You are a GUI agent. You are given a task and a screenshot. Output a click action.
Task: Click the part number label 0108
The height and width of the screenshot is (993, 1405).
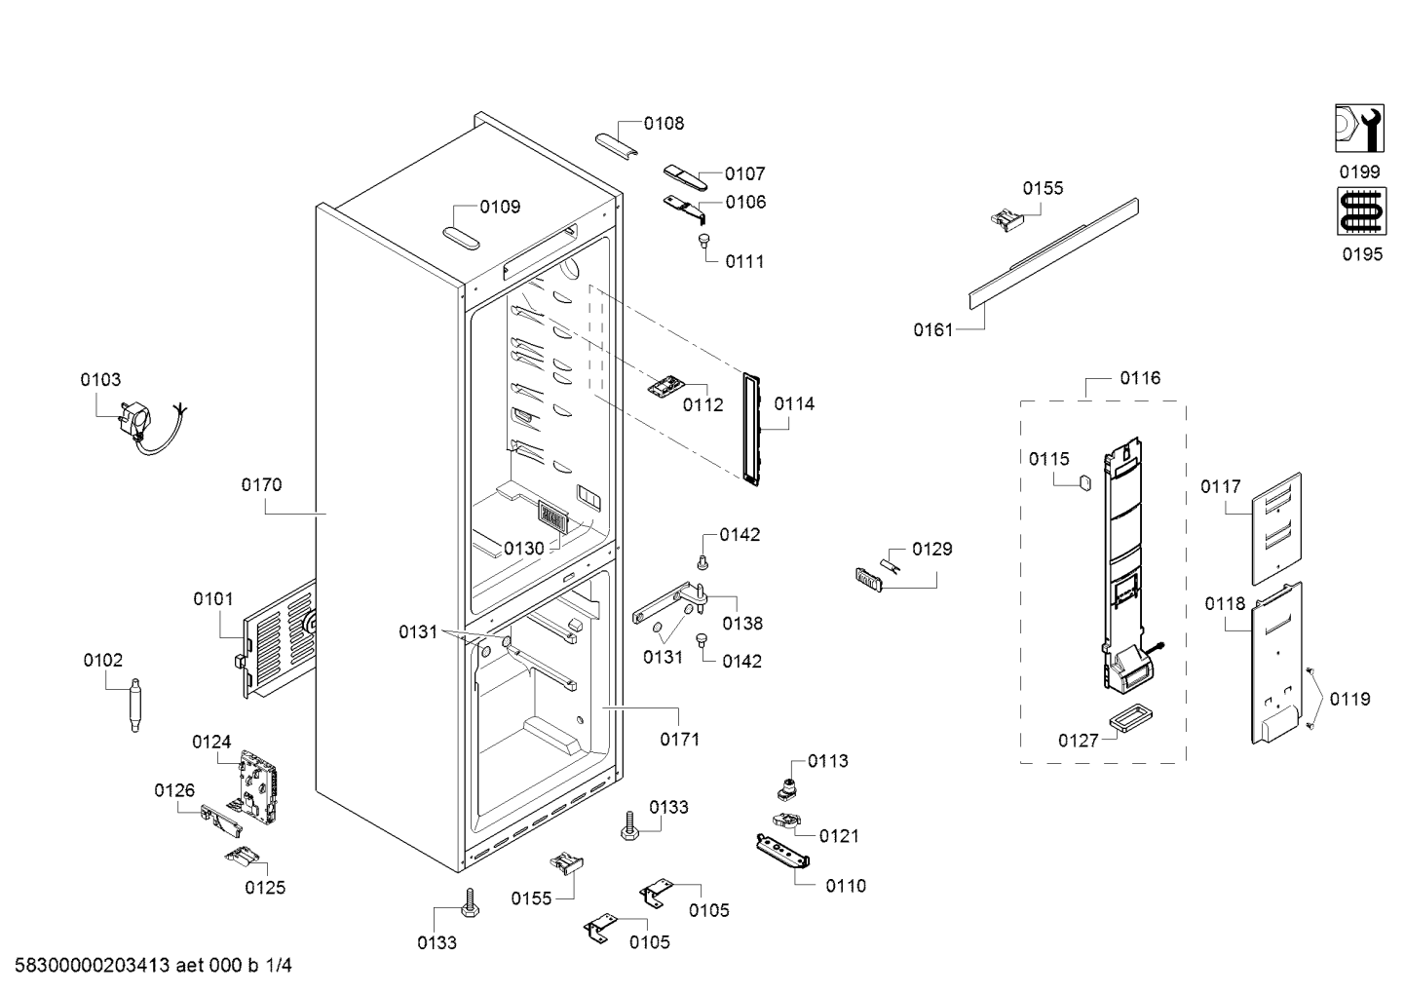coord(664,124)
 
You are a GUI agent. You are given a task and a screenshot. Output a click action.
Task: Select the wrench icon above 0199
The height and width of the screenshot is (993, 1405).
coord(1359,129)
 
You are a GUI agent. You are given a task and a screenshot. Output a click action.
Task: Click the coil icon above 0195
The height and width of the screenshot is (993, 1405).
coord(1359,211)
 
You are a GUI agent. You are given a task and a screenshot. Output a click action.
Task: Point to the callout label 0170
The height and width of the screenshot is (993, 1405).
coord(261,484)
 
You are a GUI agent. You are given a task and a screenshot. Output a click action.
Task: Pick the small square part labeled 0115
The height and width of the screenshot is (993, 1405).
coord(1082,484)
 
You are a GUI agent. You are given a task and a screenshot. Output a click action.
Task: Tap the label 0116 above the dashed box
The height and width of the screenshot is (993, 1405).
coord(1140,378)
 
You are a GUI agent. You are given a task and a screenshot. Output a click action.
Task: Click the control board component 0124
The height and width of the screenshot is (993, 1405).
coord(257,784)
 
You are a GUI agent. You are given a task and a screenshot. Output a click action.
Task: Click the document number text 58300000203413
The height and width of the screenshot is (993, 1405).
coord(88,966)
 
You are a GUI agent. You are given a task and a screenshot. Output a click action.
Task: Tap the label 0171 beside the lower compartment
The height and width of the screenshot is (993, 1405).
coord(680,740)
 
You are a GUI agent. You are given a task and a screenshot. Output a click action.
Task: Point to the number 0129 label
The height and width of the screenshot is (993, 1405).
coord(932,550)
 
